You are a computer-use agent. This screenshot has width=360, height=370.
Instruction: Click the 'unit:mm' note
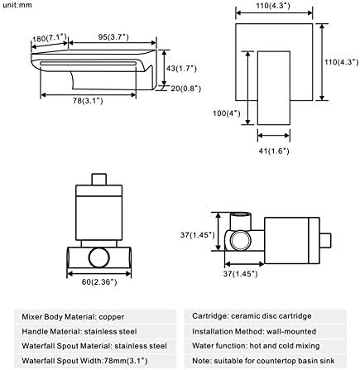click(x=17, y=5)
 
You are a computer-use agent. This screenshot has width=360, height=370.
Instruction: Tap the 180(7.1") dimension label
click(x=50, y=37)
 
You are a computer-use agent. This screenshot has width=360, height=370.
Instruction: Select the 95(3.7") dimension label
click(x=113, y=36)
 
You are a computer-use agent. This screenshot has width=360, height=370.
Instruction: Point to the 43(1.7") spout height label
click(x=181, y=68)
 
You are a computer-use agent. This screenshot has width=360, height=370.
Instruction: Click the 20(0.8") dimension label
click(x=185, y=89)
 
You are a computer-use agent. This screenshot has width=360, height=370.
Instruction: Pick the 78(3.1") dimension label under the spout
click(x=88, y=101)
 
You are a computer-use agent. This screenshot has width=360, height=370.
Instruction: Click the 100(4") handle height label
click(x=227, y=113)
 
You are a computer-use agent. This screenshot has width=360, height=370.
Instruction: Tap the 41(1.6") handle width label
click(x=274, y=151)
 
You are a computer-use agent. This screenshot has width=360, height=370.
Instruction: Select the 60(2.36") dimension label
click(x=99, y=282)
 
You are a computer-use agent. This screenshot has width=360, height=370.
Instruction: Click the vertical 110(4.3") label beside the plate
click(x=342, y=62)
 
